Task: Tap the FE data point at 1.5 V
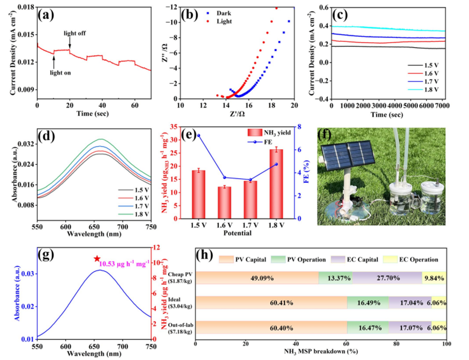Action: pyautogui.click(x=199, y=135)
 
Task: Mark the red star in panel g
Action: pyautogui.click(x=97, y=259)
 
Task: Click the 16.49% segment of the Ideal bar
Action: pyautogui.click(x=367, y=303)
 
